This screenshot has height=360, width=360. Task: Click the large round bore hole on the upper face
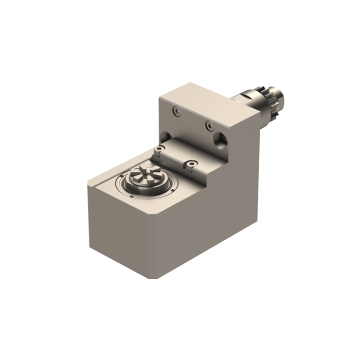[x=222, y=138]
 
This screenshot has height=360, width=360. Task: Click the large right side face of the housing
[x=226, y=206]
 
